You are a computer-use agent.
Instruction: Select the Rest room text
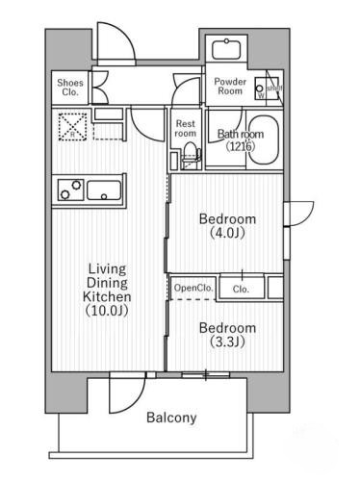pos(185,128)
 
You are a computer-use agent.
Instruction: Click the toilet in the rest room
pos(189,154)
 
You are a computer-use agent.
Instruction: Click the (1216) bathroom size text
pos(240,147)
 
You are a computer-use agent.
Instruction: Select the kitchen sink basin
pos(102,190)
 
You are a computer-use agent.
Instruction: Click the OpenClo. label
pos(193,288)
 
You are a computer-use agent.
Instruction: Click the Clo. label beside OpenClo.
pos(241,288)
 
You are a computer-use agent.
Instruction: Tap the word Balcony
pos(171,418)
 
